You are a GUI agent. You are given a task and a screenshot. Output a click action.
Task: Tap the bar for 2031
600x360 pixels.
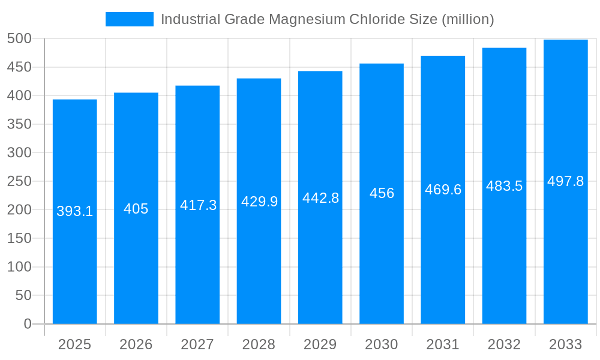click(x=443, y=252)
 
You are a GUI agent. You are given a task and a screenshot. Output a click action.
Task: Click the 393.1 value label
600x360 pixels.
click(x=75, y=211)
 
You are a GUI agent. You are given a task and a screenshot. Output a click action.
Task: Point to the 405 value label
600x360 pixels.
click(x=136, y=209)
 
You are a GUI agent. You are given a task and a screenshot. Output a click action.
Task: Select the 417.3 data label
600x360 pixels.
click(x=198, y=205)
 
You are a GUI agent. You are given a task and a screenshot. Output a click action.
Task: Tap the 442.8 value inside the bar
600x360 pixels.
click(x=320, y=198)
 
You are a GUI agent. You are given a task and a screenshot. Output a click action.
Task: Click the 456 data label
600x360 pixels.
click(x=382, y=193)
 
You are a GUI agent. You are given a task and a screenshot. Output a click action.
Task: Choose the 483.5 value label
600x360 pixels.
click(x=504, y=186)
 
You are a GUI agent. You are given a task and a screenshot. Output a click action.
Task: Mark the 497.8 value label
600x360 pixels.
click(x=565, y=181)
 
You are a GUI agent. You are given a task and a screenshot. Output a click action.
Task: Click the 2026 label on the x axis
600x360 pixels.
click(x=136, y=344)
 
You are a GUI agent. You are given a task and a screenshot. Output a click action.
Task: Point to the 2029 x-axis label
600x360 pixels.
click(x=320, y=344)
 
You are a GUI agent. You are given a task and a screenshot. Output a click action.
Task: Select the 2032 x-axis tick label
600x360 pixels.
click(x=504, y=344)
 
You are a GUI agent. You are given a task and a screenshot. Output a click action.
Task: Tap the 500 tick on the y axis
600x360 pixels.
click(x=19, y=38)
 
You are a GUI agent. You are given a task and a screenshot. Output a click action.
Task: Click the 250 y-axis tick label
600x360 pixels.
click(x=19, y=181)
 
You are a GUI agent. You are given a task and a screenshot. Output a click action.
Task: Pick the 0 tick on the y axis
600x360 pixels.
click(x=28, y=324)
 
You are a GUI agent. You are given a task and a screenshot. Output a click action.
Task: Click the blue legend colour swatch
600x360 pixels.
click(x=129, y=19)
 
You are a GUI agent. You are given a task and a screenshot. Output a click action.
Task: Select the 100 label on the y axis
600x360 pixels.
click(x=19, y=267)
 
